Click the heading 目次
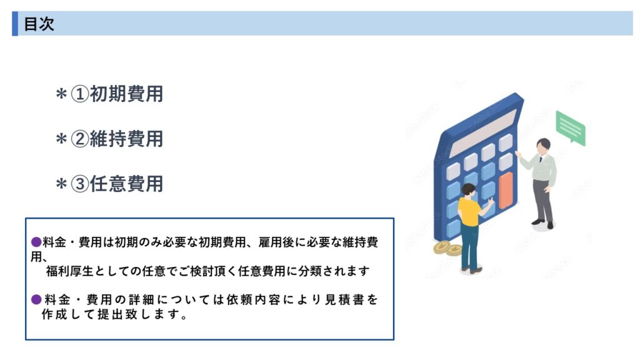coord(39,24)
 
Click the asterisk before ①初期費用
coord(61,95)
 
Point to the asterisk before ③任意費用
coord(61,184)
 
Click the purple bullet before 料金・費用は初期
coord(36,242)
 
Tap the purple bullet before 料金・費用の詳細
coord(36,299)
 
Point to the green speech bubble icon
coord(571,128)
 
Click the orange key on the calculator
coord(506,190)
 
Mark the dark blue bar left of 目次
coord(15,24)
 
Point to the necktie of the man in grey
coord(541,159)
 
